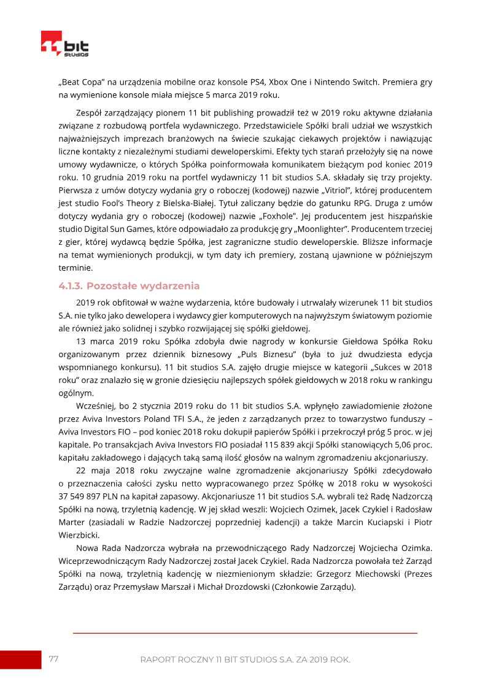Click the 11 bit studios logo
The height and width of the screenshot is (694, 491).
[65, 45]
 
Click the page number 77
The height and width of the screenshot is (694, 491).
[53, 659]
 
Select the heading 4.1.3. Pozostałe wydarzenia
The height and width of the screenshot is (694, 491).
[129, 286]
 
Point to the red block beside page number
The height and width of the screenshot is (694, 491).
[20, 660]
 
